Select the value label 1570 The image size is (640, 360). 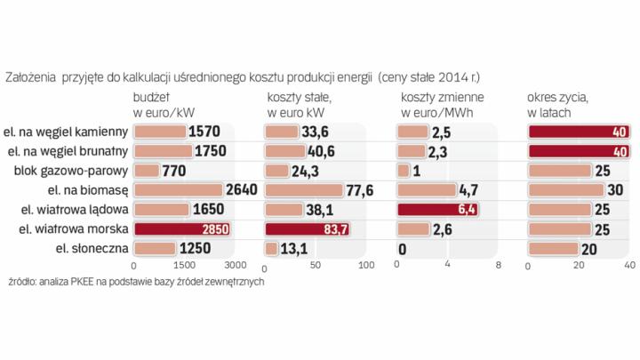[x=203, y=132]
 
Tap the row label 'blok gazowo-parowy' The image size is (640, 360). [x=79, y=171]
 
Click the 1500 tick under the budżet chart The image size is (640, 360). [x=183, y=265]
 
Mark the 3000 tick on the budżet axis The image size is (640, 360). [x=233, y=265]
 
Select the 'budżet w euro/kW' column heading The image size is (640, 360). [x=164, y=104]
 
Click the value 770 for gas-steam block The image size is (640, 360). [x=176, y=171]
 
